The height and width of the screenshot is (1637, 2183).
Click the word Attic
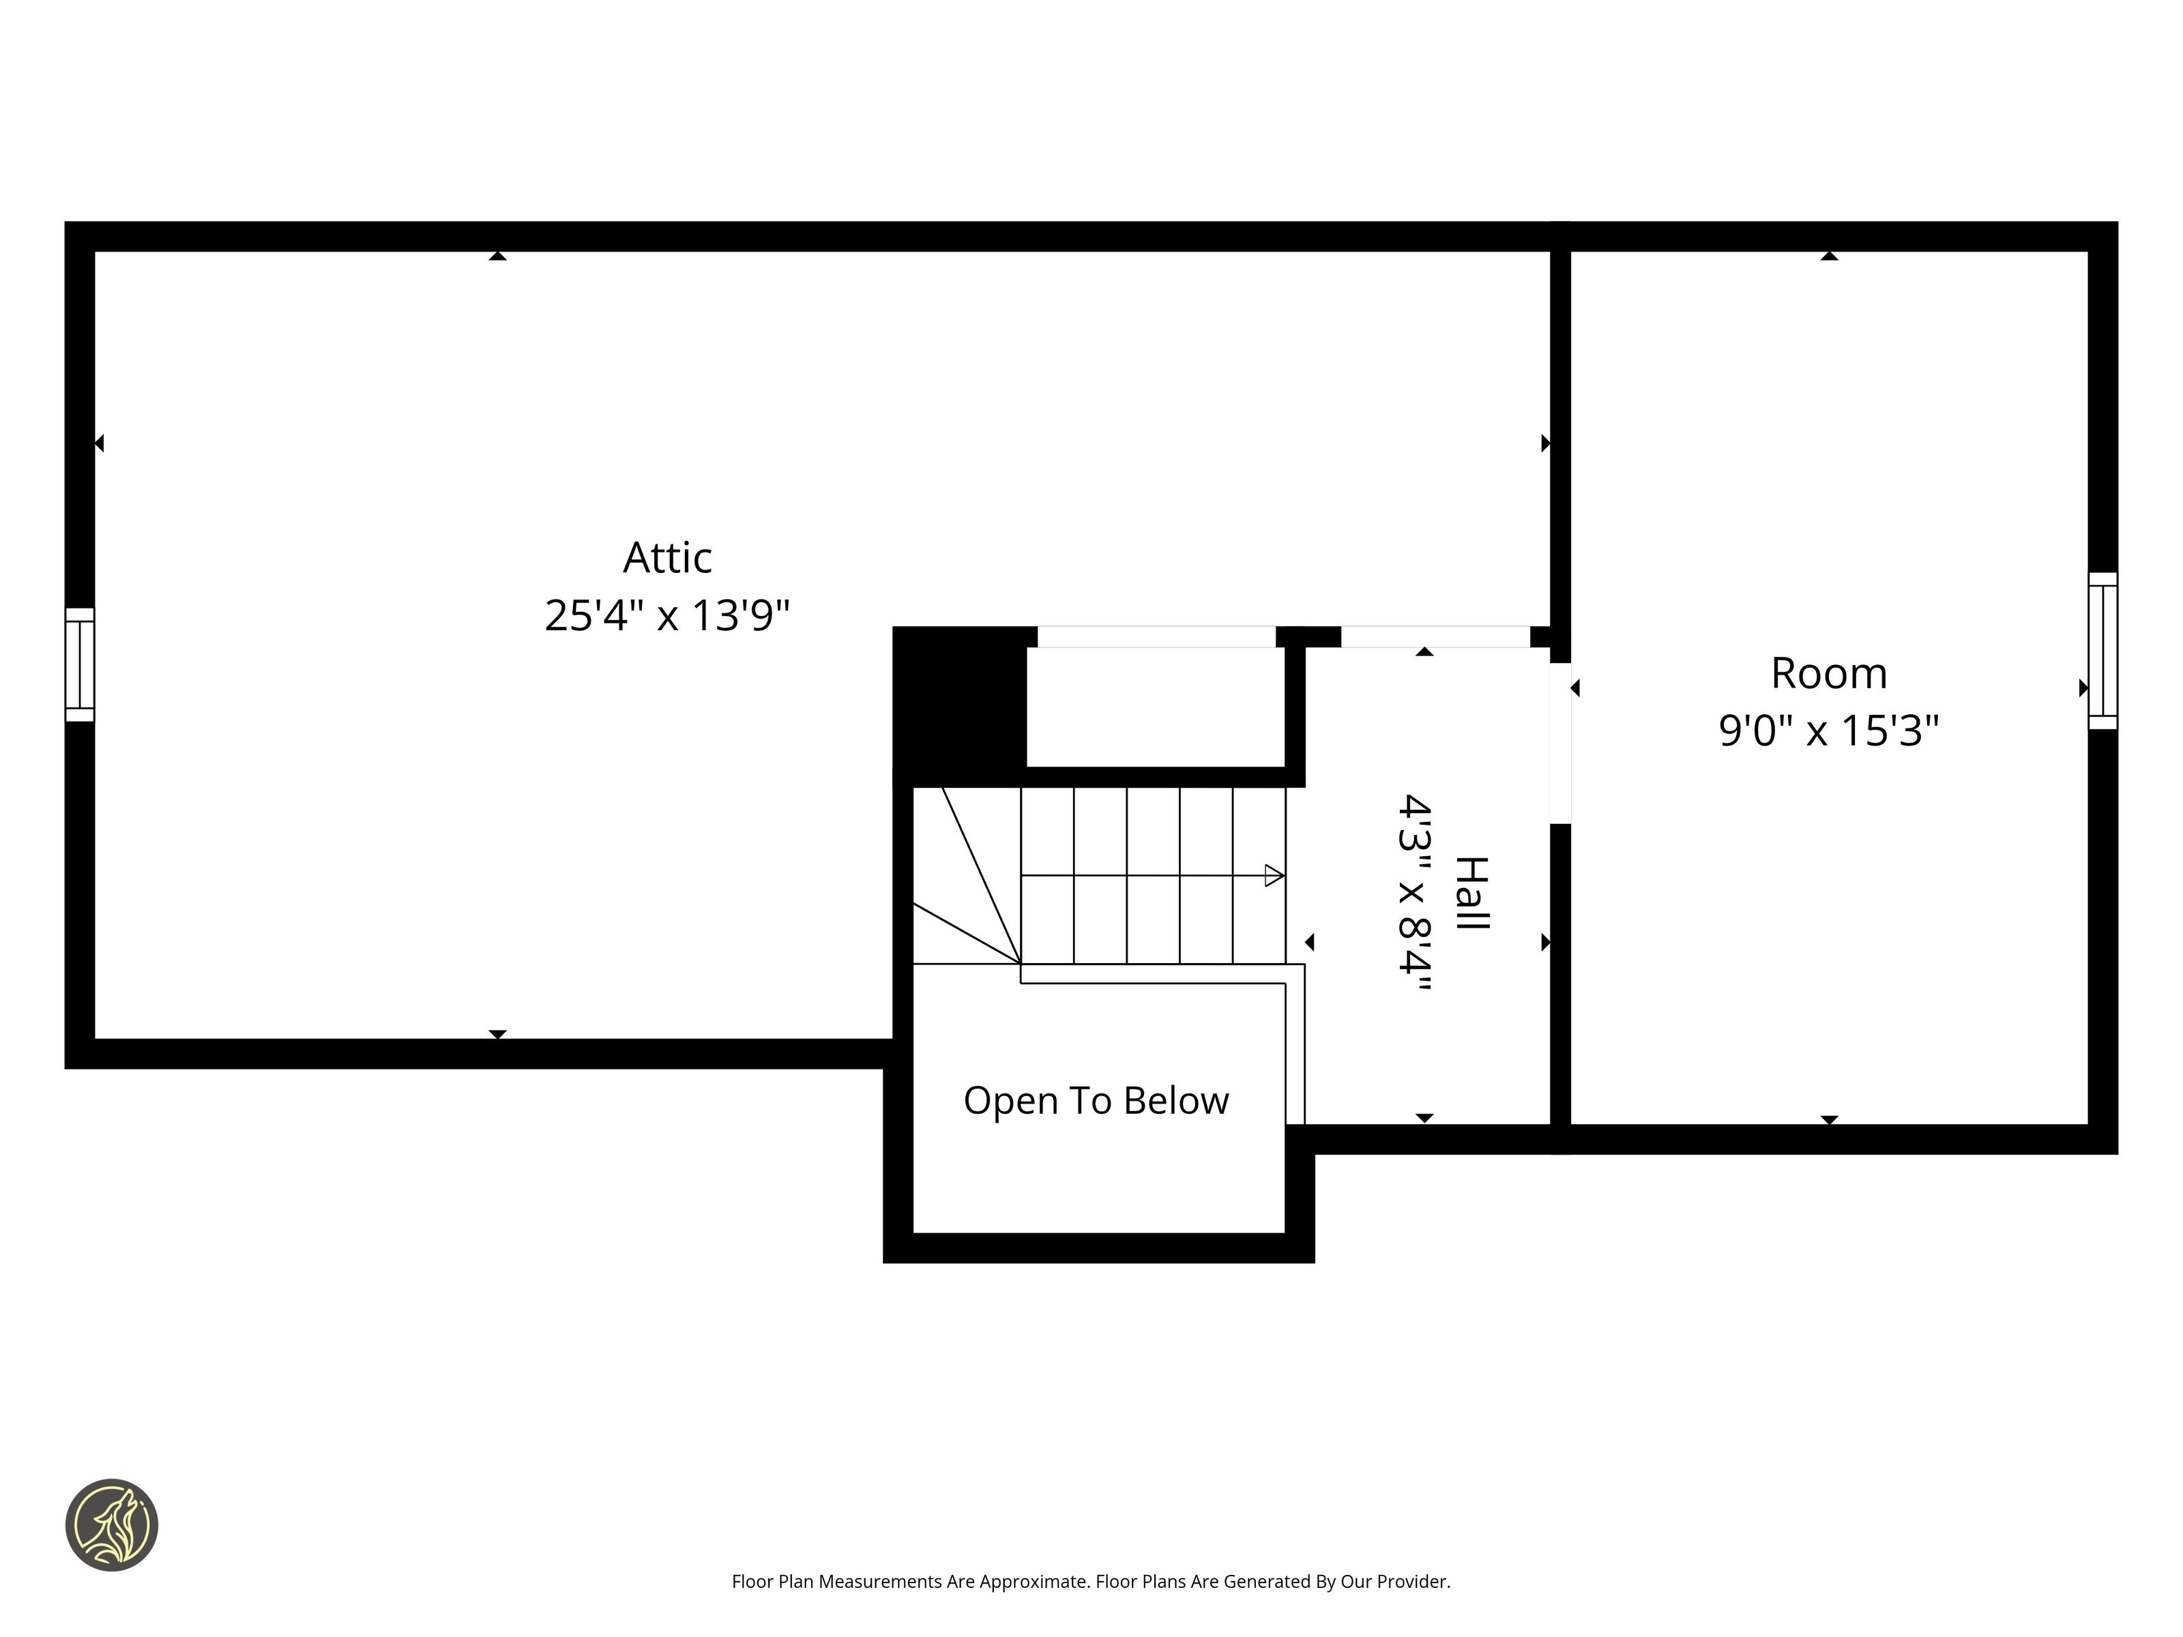[x=667, y=559]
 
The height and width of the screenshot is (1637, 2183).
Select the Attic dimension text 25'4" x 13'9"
[x=667, y=616]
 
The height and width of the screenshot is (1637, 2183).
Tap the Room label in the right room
[x=1829, y=674]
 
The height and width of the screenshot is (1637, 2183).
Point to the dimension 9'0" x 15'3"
[x=1829, y=731]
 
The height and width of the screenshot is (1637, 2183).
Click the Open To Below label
[x=1096, y=1100]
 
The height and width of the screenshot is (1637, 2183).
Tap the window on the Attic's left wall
[x=80, y=664]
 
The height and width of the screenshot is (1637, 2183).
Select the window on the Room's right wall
[x=2103, y=651]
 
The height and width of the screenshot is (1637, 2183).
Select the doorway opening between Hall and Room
[x=1560, y=743]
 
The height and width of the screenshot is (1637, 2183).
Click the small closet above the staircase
[x=1156, y=707]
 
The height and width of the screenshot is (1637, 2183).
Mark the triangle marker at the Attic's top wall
[x=497, y=256]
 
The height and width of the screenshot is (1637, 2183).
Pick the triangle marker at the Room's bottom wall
[x=1829, y=1120]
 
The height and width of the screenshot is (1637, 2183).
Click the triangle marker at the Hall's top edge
[x=1424, y=652]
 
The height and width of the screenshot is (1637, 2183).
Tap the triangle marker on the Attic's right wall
[x=1545, y=444]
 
